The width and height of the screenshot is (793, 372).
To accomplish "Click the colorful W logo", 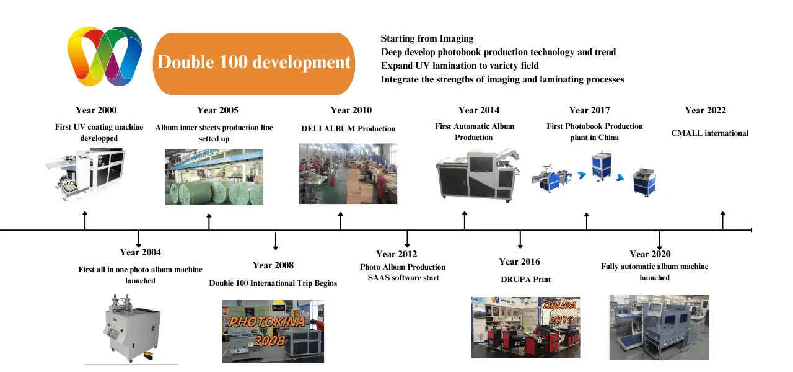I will (x=105, y=56).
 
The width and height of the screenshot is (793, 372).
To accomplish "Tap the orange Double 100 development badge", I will (x=253, y=63).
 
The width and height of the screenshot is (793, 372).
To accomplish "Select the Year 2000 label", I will (x=96, y=110).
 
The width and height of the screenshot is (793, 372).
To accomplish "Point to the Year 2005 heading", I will (x=217, y=110).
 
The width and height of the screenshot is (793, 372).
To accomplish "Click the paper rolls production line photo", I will (x=214, y=177).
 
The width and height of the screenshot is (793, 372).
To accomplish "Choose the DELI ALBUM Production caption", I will (x=348, y=129).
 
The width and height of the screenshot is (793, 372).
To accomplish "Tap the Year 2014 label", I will (x=478, y=110).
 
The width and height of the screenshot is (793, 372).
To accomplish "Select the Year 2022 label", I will (x=705, y=110).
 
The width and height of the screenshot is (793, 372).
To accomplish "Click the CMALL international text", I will (x=709, y=133).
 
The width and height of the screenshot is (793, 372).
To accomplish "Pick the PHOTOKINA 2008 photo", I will (x=273, y=331).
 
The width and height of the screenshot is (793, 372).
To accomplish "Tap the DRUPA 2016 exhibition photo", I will (x=525, y=327).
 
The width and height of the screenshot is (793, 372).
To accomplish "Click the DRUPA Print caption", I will (x=525, y=280).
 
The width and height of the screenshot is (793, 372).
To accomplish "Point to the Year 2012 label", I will (x=396, y=254).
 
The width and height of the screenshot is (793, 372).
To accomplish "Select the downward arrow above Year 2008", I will (x=276, y=241).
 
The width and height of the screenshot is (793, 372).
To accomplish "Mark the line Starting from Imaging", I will (x=427, y=38).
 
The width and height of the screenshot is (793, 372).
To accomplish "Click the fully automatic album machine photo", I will (x=659, y=327).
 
